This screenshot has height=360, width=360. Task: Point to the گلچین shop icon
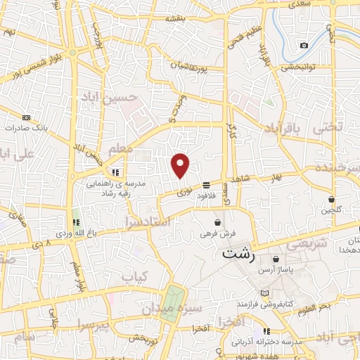(x=330, y=200)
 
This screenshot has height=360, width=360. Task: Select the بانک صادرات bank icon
(x=27, y=117)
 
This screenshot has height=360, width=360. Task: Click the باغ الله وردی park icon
(x=76, y=222)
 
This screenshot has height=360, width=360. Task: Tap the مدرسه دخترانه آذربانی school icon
(x=266, y=331)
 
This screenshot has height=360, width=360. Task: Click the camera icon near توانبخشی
(x=304, y=46)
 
